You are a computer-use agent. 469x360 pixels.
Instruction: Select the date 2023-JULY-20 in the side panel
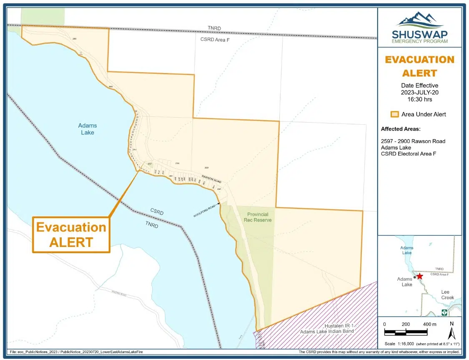tap(419, 93)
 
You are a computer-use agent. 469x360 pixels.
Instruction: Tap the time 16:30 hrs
tap(419, 100)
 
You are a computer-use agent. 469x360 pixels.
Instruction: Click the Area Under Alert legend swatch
tap(394, 114)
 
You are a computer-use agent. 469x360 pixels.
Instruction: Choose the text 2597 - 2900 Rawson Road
tap(413, 141)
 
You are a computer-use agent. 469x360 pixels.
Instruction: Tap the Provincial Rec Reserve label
tap(258, 217)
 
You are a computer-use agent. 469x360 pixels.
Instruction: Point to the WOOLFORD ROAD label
tap(204, 210)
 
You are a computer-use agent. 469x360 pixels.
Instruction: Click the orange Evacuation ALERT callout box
tap(71, 234)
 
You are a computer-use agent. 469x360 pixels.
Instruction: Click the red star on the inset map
tap(419, 276)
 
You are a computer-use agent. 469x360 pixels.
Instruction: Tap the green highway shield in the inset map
tap(444, 312)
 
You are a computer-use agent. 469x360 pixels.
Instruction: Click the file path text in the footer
tap(77, 352)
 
